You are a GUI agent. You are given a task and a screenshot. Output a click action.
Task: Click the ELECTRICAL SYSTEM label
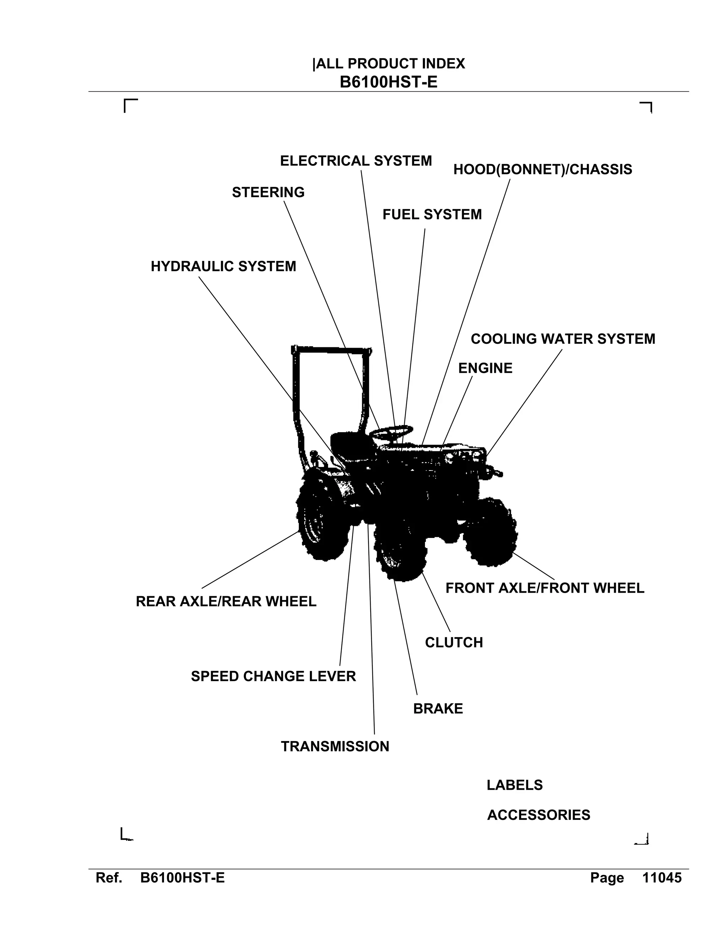coord(356,161)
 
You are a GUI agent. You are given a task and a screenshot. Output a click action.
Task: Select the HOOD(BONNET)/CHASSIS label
coord(543,170)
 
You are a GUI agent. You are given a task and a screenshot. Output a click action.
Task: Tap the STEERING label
coord(268,192)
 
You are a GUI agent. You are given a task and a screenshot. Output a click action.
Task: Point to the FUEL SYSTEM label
coord(432,214)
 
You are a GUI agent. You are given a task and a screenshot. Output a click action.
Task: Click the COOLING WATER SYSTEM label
coord(563,339)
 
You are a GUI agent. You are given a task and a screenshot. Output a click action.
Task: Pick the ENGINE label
coord(485,368)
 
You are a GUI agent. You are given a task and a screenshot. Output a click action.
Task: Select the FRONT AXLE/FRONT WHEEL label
coord(545,588)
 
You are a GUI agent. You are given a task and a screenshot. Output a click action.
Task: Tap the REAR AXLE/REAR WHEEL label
coord(226,602)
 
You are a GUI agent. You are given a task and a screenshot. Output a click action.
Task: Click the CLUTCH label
coord(454,643)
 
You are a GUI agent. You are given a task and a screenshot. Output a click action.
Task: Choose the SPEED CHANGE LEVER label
coord(273,676)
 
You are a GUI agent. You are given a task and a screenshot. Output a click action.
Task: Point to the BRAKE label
coord(438,709)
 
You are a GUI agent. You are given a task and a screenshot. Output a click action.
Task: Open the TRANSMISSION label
coord(335,747)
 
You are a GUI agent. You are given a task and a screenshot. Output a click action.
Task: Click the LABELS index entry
coord(515,785)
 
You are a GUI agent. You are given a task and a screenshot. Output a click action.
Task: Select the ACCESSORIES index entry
coord(539,815)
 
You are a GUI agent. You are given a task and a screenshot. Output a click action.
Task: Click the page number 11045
coord(662,878)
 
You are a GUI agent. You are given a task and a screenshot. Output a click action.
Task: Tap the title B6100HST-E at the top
coord(388,82)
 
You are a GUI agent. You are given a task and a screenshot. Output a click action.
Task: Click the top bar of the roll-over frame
coord(332,349)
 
